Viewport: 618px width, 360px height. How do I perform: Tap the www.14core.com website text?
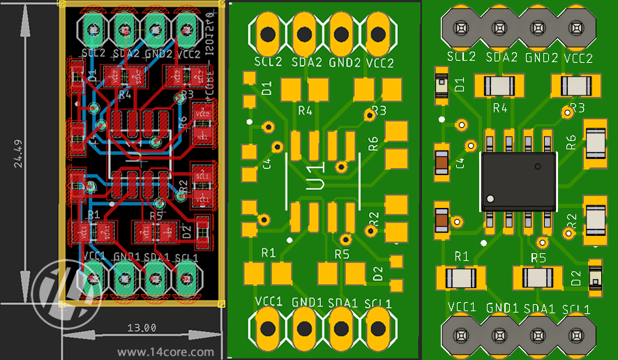point(165,352)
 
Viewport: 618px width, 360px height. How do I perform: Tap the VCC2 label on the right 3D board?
point(577,58)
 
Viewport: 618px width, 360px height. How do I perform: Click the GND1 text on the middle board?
point(307,303)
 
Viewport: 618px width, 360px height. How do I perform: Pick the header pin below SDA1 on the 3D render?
point(537,337)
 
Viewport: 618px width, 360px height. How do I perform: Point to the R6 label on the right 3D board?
point(571,143)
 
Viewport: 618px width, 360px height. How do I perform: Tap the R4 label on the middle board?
point(305,110)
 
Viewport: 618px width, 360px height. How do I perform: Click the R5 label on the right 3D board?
point(538,258)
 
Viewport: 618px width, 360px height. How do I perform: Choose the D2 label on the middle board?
point(377,273)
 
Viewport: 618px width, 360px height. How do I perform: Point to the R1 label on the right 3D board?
point(461,257)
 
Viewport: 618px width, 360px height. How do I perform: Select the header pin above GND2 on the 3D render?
point(537,28)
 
